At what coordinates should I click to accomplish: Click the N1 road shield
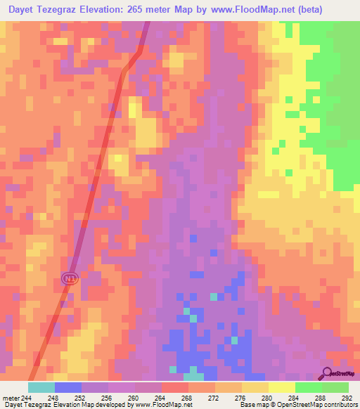click(69, 279)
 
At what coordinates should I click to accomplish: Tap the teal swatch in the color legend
click(41, 387)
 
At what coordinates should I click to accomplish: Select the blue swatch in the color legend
click(68, 387)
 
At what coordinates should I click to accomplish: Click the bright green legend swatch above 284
click(308, 387)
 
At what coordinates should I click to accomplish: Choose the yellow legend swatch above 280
click(281, 387)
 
